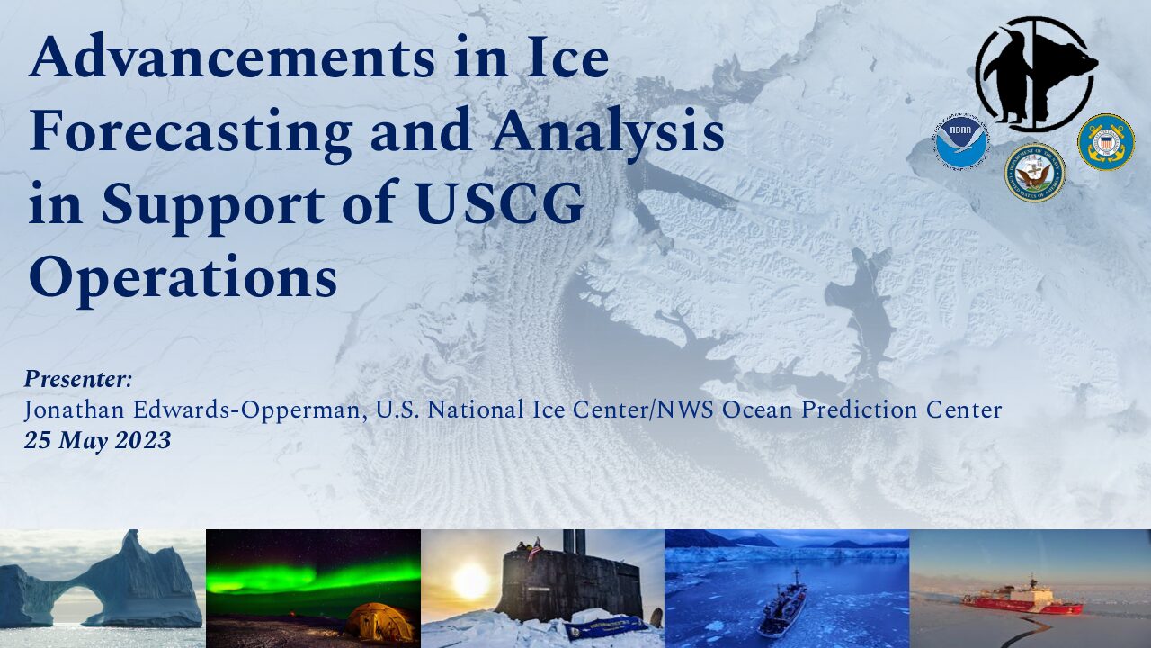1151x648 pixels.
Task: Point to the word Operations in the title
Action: (x=183, y=280)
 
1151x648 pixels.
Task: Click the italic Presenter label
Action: (x=78, y=380)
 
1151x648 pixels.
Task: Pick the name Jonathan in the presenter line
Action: (x=74, y=410)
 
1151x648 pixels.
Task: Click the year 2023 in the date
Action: (x=142, y=441)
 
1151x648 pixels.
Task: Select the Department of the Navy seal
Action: (x=1035, y=172)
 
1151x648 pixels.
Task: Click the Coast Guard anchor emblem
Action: (x=1106, y=141)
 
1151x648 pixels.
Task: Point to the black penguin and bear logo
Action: (x=1035, y=74)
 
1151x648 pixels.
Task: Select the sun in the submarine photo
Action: (x=470, y=580)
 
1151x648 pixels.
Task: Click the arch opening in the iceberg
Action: (x=78, y=605)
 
